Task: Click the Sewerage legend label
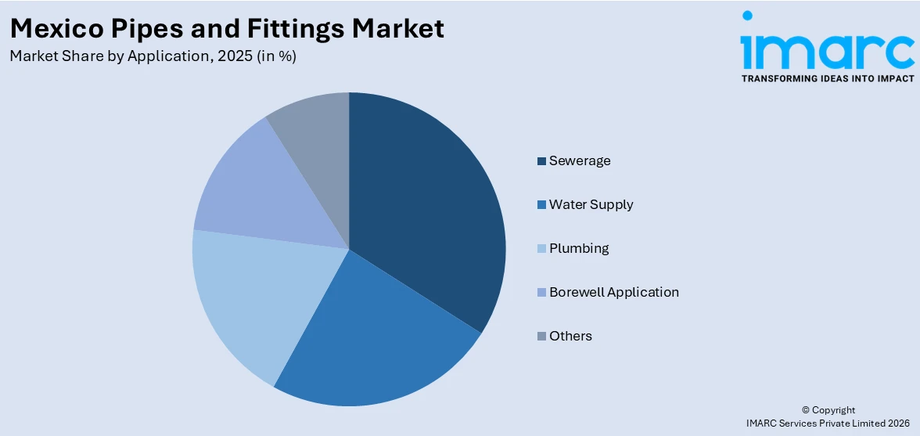[580, 160]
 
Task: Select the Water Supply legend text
[591, 204]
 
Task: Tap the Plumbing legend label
[579, 248]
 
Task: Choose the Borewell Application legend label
[613, 292]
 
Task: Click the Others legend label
[570, 336]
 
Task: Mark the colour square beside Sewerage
[541, 161]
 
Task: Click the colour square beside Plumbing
[541, 249]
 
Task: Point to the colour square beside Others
[541, 337]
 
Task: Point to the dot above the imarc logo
[748, 16]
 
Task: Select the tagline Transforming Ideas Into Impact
[827, 78]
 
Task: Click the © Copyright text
[828, 409]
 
